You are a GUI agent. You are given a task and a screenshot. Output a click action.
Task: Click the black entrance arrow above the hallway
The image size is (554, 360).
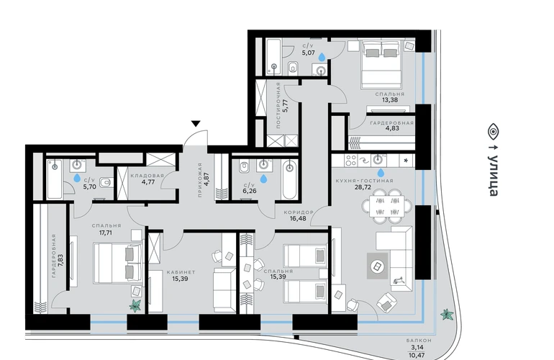tap(196, 123)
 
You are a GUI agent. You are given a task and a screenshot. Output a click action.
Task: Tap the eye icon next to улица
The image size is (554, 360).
tap(494, 132)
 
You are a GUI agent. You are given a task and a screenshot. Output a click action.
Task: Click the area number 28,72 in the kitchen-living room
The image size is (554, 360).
tap(363, 187)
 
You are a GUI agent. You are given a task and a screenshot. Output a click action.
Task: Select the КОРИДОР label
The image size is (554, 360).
tap(299, 212)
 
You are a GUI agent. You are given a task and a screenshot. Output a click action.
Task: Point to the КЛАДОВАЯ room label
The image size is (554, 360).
tap(147, 176)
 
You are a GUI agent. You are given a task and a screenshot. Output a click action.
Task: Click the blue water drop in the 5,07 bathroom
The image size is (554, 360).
tap(322, 57)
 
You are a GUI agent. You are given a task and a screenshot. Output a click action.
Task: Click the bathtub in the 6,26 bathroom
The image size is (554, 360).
tap(290, 179)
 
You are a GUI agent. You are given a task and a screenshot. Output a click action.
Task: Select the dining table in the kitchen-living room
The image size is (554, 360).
tap(386, 206)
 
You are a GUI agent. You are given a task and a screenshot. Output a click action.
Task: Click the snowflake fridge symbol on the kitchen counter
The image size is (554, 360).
tap(406, 161)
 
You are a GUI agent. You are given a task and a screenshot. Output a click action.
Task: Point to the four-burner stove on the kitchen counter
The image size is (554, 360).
tap(351, 161)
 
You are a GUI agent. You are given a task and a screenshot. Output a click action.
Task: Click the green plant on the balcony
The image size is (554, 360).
tap(447, 315)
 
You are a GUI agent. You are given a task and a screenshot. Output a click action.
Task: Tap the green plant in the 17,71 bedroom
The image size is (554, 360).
tap(135, 305)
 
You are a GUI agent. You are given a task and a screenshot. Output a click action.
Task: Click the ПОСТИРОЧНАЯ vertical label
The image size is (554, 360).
tap(278, 105)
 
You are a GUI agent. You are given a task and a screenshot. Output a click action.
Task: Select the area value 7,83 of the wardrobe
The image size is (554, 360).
tap(60, 261)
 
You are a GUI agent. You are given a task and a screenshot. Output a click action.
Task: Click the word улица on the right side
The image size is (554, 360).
tap(494, 175)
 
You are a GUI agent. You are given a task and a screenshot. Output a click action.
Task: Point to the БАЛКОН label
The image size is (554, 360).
tap(419, 340)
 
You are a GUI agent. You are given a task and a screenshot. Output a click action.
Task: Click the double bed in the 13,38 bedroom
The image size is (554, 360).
tap(381, 64)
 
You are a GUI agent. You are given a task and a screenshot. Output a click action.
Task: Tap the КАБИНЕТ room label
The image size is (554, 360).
tap(181, 272)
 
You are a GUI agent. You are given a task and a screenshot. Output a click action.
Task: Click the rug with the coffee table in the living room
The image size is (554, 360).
tap(377, 266)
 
